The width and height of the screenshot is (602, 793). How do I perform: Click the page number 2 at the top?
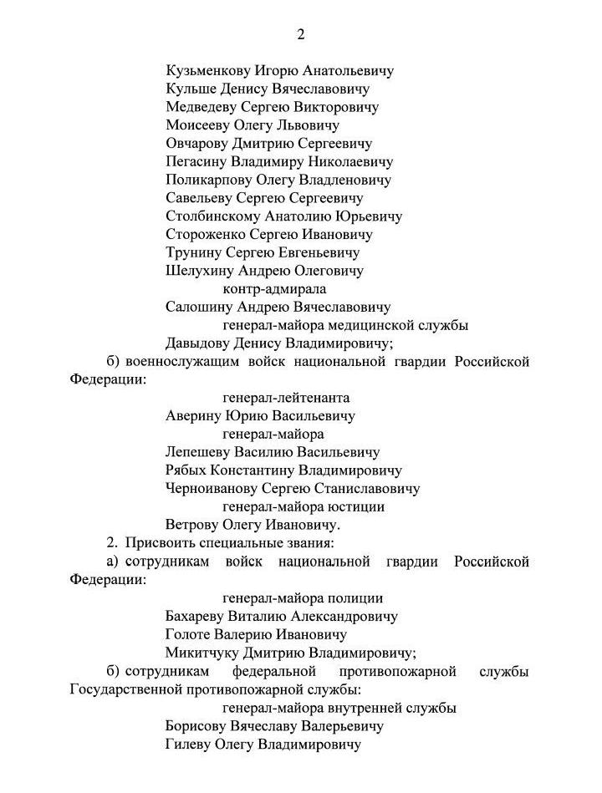click(x=301, y=34)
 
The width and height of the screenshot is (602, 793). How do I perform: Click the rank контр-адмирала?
click(x=273, y=289)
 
